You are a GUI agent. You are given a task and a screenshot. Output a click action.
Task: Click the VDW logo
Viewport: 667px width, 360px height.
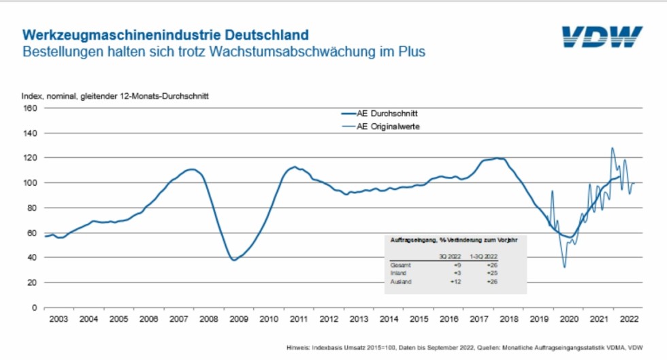(x=602, y=37)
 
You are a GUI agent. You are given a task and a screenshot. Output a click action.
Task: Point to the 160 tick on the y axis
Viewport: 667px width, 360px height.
(x=30, y=108)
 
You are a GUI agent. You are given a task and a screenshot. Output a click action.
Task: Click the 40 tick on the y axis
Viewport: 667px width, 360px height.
(x=32, y=257)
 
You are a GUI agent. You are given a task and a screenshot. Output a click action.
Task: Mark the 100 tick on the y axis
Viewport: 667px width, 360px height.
(x=30, y=182)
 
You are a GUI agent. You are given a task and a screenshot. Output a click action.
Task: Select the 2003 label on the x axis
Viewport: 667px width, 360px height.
(x=59, y=318)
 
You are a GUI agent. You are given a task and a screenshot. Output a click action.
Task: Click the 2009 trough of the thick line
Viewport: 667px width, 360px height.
(x=233, y=260)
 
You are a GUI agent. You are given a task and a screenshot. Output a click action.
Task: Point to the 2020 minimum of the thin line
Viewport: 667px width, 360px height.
(x=564, y=267)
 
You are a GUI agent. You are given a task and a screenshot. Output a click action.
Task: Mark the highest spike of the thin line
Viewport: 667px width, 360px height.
(x=612, y=148)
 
